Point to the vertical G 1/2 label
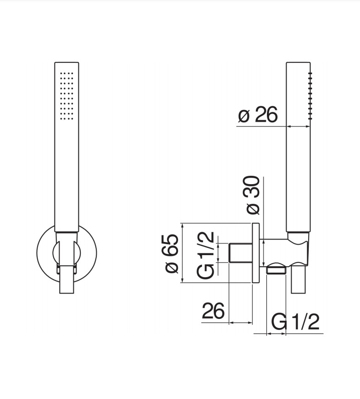pos(205,255)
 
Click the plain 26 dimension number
pos(213,312)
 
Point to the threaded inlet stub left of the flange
pos(240,253)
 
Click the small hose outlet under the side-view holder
pos(276,270)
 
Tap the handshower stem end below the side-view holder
pos(298,279)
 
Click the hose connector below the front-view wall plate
pos(67,282)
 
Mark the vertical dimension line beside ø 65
pos(183,253)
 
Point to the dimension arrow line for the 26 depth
pos(240,322)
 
